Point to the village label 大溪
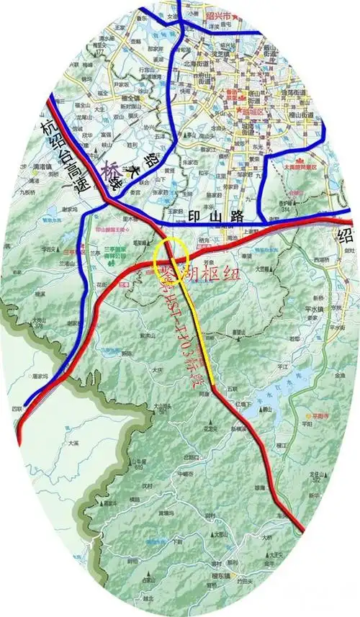pyautogui.click(x=73, y=444)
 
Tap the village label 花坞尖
pyautogui.click(x=209, y=425)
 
